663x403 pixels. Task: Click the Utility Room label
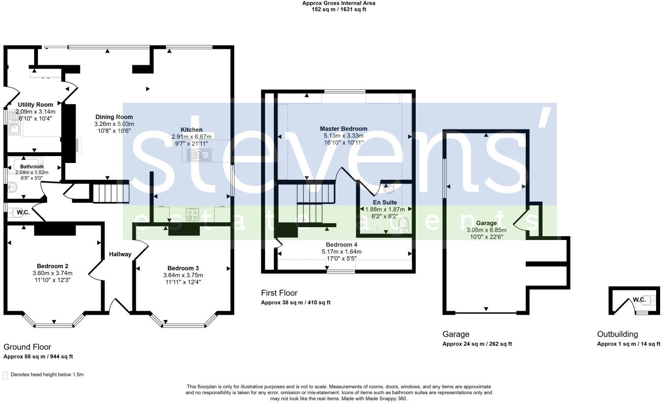[35, 105]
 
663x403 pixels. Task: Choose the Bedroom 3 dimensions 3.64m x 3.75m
[183, 275]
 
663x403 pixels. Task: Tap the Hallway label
[120, 254]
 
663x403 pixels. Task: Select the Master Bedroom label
[343, 129]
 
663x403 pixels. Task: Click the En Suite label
[385, 202]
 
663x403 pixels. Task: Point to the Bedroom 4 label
[341, 244]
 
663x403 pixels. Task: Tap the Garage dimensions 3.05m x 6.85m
[486, 230]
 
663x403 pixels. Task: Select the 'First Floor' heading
[279, 293]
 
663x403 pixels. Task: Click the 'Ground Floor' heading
[27, 347]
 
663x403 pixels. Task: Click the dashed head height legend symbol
[5, 375]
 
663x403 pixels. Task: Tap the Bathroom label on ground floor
[32, 166]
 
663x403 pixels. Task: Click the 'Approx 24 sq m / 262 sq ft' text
[477, 344]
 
